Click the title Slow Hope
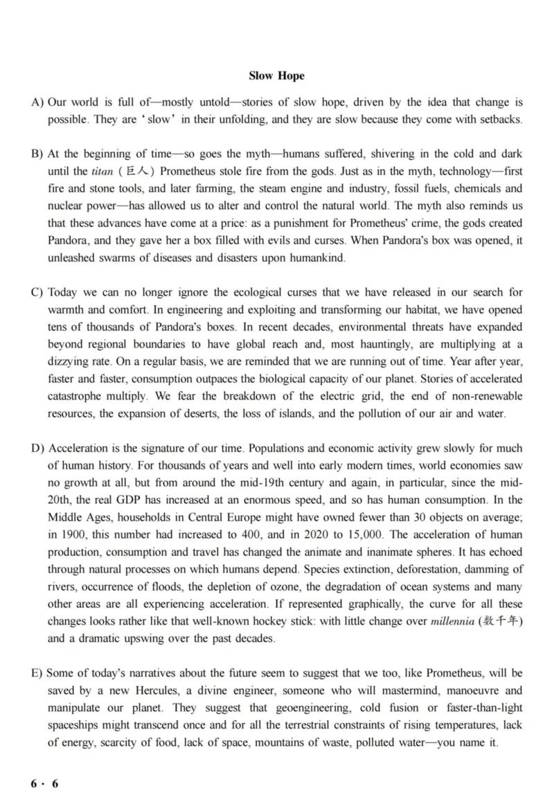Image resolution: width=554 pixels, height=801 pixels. [x=276, y=75]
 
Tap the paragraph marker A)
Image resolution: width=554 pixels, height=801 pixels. [x=38, y=102]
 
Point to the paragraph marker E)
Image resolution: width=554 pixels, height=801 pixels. [x=38, y=673]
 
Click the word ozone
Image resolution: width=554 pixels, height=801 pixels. [x=309, y=586]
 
